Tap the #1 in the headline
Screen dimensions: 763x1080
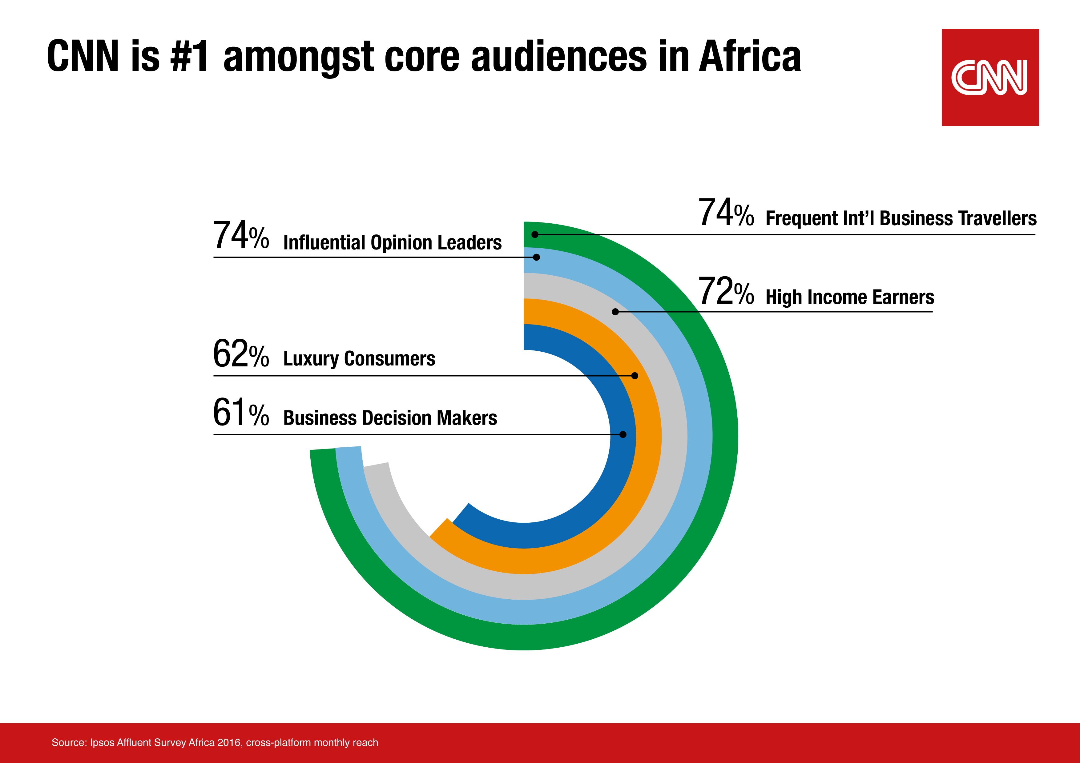[x=189, y=56]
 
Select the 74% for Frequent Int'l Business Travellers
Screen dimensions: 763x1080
[x=725, y=213]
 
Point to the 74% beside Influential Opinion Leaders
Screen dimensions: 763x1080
[x=241, y=236]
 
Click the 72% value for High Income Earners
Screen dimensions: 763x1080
[x=725, y=291]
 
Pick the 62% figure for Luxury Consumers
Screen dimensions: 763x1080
[x=241, y=354]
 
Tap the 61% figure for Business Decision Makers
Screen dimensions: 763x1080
[x=241, y=413]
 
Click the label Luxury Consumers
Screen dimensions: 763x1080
[x=359, y=359]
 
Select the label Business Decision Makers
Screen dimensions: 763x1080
[x=390, y=418]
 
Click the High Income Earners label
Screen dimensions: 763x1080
[x=849, y=297]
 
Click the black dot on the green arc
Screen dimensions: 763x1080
[x=535, y=234]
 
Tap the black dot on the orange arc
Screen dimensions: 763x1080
[x=635, y=376]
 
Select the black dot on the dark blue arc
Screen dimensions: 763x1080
[x=623, y=434]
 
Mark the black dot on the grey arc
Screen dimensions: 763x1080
[x=615, y=312]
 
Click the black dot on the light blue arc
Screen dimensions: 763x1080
[x=536, y=257]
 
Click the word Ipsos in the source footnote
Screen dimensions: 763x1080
[x=102, y=742]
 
